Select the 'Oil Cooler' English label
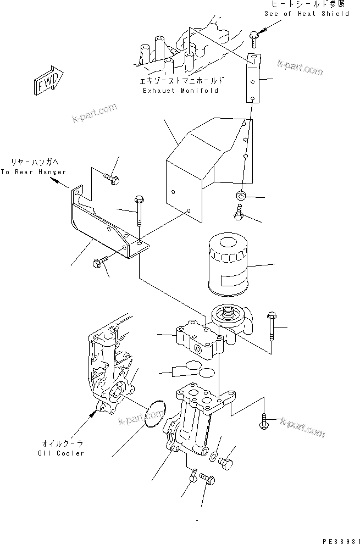pos(62,453)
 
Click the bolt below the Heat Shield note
pos(253,37)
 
